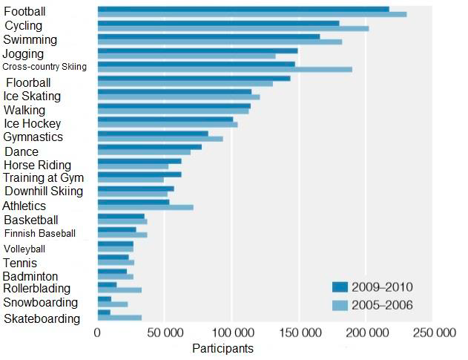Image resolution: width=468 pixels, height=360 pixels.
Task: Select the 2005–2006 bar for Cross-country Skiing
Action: point(225,70)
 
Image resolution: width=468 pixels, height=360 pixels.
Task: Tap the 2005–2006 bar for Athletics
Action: point(145,207)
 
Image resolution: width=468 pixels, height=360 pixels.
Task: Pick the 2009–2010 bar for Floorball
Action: point(194,78)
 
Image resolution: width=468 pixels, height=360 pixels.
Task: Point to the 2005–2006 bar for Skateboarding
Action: point(119,318)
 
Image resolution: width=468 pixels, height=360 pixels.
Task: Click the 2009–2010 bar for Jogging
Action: point(197,50)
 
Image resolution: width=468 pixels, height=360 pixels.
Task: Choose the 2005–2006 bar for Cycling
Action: point(233,29)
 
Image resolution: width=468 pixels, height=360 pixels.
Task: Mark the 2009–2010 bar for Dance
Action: point(150,146)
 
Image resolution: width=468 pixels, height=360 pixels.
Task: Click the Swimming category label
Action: point(30,39)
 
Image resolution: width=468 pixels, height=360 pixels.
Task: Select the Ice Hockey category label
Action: point(32,123)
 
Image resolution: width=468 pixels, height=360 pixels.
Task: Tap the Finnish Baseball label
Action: point(39,233)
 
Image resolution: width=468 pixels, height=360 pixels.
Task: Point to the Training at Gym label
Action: point(43,178)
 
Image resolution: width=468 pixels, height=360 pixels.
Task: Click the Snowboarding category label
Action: point(40,303)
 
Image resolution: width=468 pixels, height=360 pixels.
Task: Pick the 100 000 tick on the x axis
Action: point(232,333)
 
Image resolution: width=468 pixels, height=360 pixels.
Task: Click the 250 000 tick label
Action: point(433,333)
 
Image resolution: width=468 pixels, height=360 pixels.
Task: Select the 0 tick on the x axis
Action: point(97,333)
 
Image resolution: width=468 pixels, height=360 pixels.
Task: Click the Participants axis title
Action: point(223,348)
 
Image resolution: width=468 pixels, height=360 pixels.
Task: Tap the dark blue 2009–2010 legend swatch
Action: point(340,287)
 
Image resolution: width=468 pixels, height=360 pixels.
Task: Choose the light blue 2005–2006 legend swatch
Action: point(340,304)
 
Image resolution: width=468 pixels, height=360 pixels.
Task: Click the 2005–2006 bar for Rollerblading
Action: point(119,290)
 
